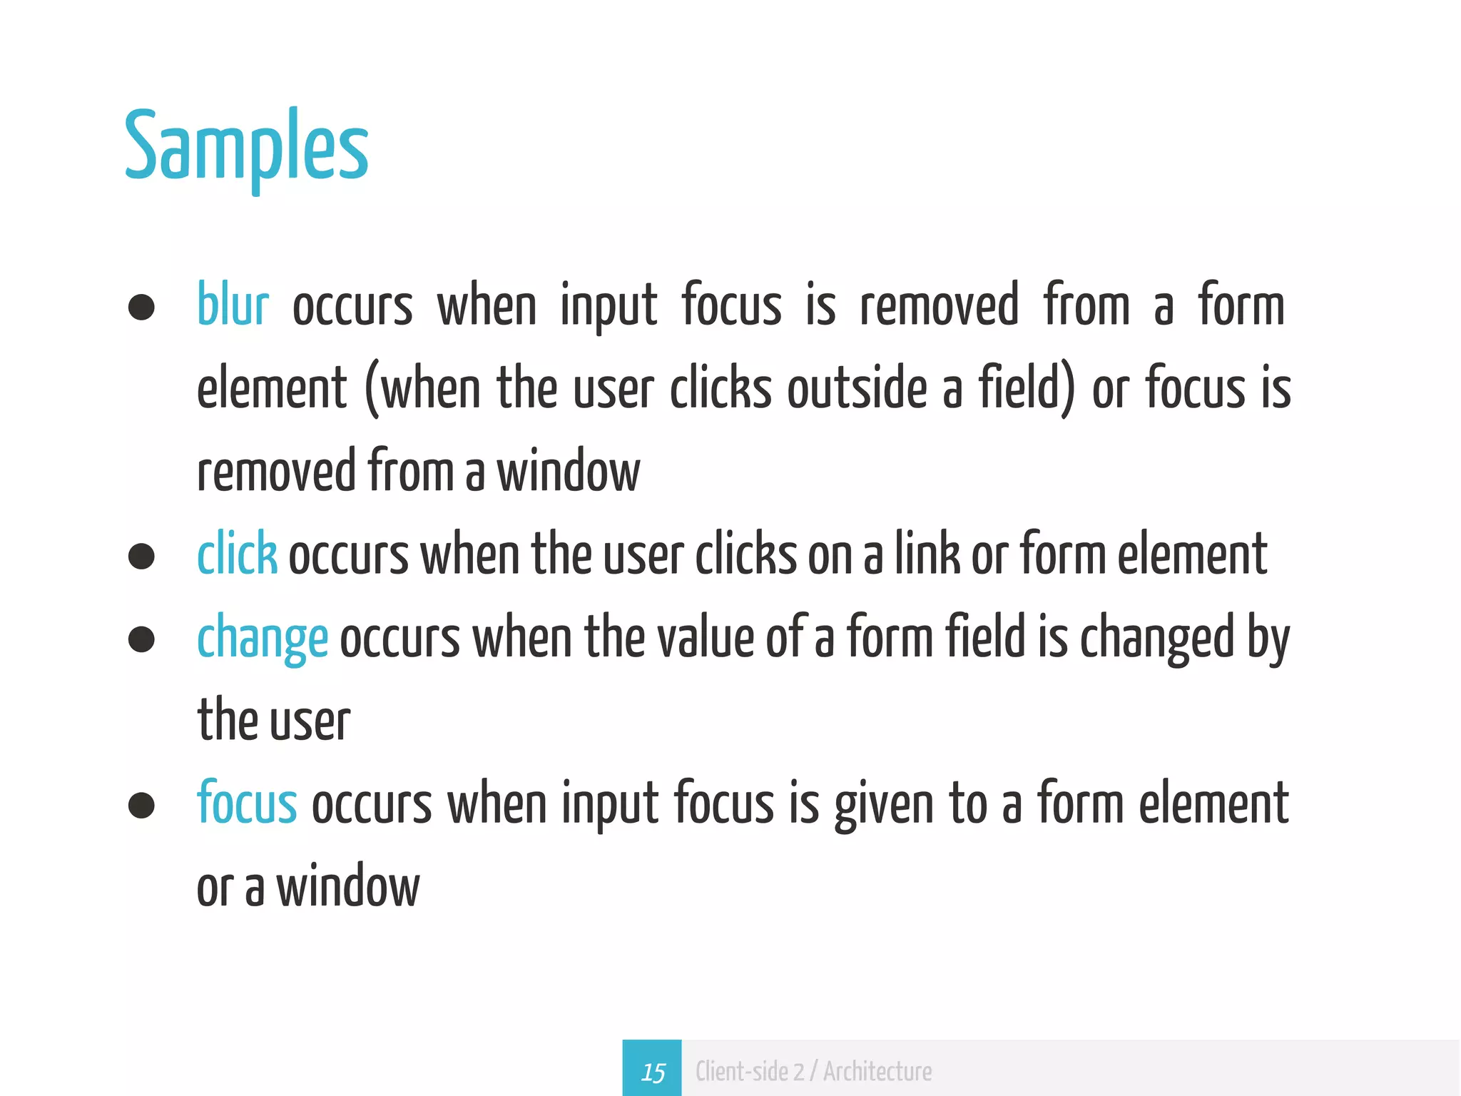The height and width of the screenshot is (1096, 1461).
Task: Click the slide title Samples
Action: (247, 148)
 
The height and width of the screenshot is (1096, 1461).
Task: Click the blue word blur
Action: (233, 305)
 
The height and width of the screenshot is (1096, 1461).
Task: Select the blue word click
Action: (237, 554)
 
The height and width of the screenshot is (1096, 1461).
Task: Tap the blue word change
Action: (262, 639)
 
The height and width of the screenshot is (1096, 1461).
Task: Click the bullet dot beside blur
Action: (141, 308)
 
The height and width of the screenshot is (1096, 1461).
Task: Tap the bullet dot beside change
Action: (141, 639)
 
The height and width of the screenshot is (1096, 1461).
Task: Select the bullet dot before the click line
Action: (141, 557)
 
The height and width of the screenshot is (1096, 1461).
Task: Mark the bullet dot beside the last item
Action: (141, 806)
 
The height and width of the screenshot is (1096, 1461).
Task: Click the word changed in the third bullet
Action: (1156, 639)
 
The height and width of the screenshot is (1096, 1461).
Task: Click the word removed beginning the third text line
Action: (276, 472)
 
